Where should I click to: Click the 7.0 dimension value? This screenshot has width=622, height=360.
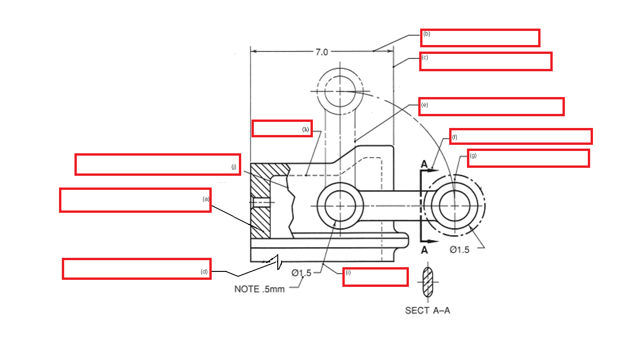322,52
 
